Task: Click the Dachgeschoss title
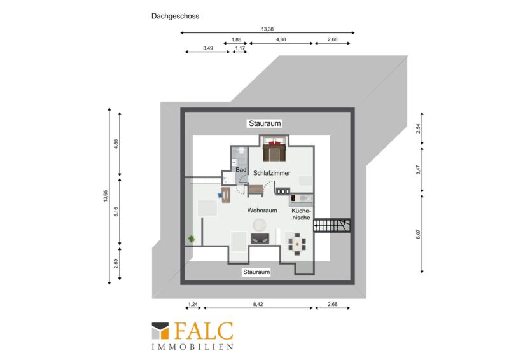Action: pos(176,17)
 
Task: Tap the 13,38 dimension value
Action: pos(267,29)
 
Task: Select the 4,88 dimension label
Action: pos(281,39)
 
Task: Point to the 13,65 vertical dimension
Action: pos(105,196)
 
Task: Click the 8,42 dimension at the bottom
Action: pos(258,304)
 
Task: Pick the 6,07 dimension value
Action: pos(418,234)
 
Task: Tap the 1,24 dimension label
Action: pos(193,304)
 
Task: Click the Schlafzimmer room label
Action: pos(272,173)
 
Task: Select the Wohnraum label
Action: pos(262,211)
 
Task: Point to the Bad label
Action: pos(241,170)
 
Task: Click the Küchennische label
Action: pos(301,214)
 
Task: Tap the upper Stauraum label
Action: pos(265,123)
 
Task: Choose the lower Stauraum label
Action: pos(256,272)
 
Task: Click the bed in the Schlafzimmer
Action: pos(274,149)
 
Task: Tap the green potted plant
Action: pos(192,239)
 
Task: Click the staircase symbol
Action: pos(331,225)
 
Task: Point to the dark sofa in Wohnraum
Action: pos(260,239)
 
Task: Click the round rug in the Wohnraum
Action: pos(260,225)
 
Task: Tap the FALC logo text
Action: pos(204,331)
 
